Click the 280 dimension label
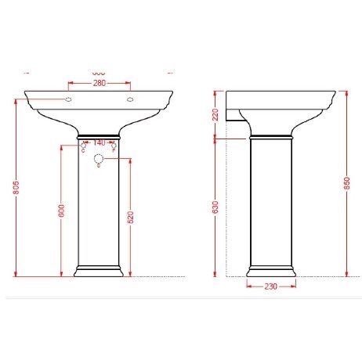pos(99,84)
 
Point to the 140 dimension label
pos(99,142)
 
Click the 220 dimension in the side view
pos(215,117)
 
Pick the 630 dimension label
pos(215,207)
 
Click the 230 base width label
pos(270,287)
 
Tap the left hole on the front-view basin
pos(68,100)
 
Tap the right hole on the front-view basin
pos(129,100)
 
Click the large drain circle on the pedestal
pos(99,160)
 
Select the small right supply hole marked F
pos(114,146)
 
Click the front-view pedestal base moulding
pos(99,273)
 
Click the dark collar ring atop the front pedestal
pos(99,134)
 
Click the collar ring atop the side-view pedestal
pos(270,136)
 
